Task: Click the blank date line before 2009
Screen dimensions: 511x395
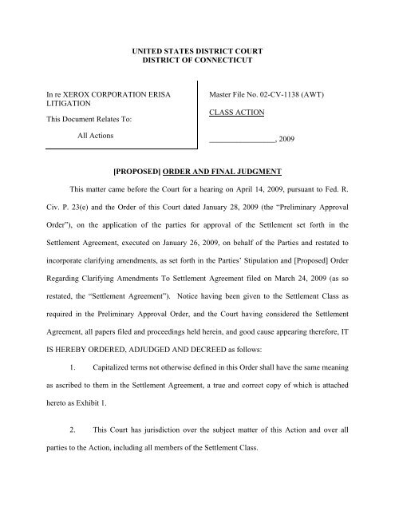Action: pos(240,160)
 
